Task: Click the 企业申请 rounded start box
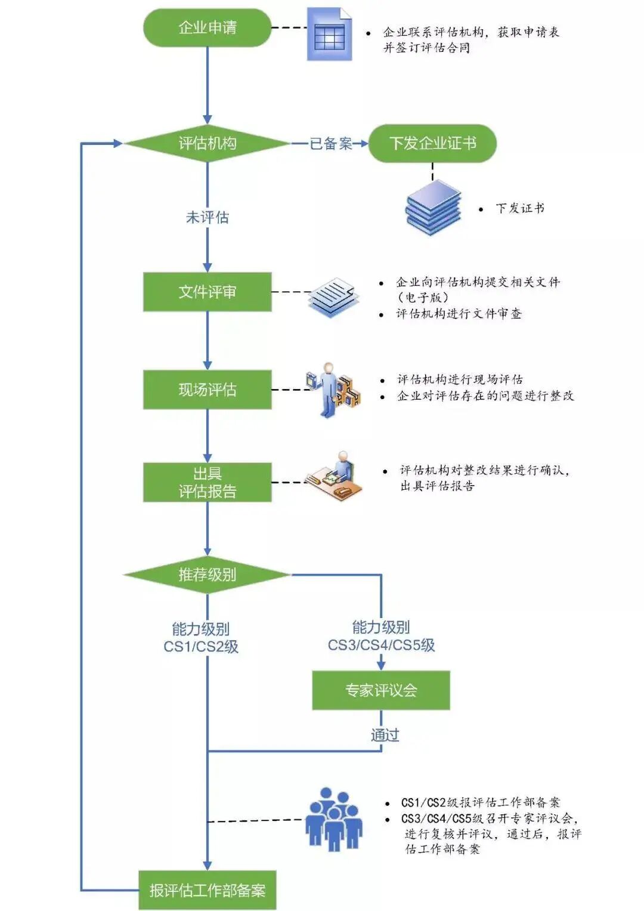[x=207, y=27]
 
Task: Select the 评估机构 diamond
[x=207, y=143]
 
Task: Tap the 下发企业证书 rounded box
[x=432, y=143]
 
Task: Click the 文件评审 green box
[x=207, y=292]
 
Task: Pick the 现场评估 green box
[x=207, y=390]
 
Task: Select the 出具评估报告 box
[x=207, y=482]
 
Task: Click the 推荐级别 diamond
[x=207, y=575]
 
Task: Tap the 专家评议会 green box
[x=380, y=690]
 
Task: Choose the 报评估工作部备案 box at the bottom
[x=207, y=890]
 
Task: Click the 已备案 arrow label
[x=330, y=143]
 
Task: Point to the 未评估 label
[x=207, y=217]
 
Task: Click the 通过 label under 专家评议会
[x=385, y=735]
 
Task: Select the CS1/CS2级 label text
[x=201, y=647]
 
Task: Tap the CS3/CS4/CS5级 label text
[x=381, y=645]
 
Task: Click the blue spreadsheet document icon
[x=329, y=35]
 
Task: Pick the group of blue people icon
[x=334, y=820]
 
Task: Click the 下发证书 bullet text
[x=519, y=208]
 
